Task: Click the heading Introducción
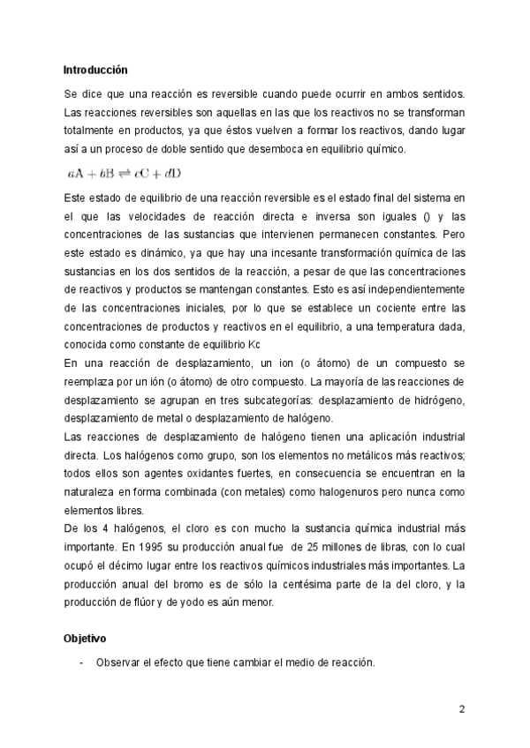coord(95,68)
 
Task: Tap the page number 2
coord(461,709)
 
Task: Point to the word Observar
coord(120,663)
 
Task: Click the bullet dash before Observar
coord(81,663)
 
